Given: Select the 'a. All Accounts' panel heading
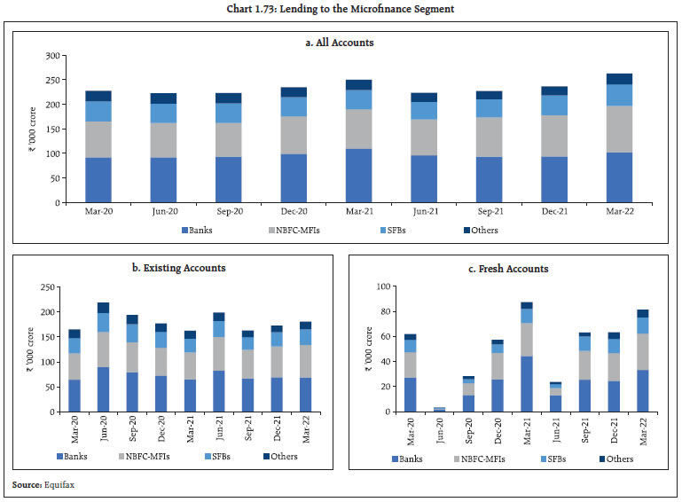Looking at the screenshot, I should click(341, 42).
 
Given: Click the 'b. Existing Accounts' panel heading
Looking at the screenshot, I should click(172, 267).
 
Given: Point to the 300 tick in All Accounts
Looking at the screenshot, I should click(51, 56).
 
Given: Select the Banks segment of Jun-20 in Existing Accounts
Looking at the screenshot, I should click(104, 389).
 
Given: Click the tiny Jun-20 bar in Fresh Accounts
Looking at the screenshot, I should click(441, 409).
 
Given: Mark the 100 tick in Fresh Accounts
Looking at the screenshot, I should click(384, 286).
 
